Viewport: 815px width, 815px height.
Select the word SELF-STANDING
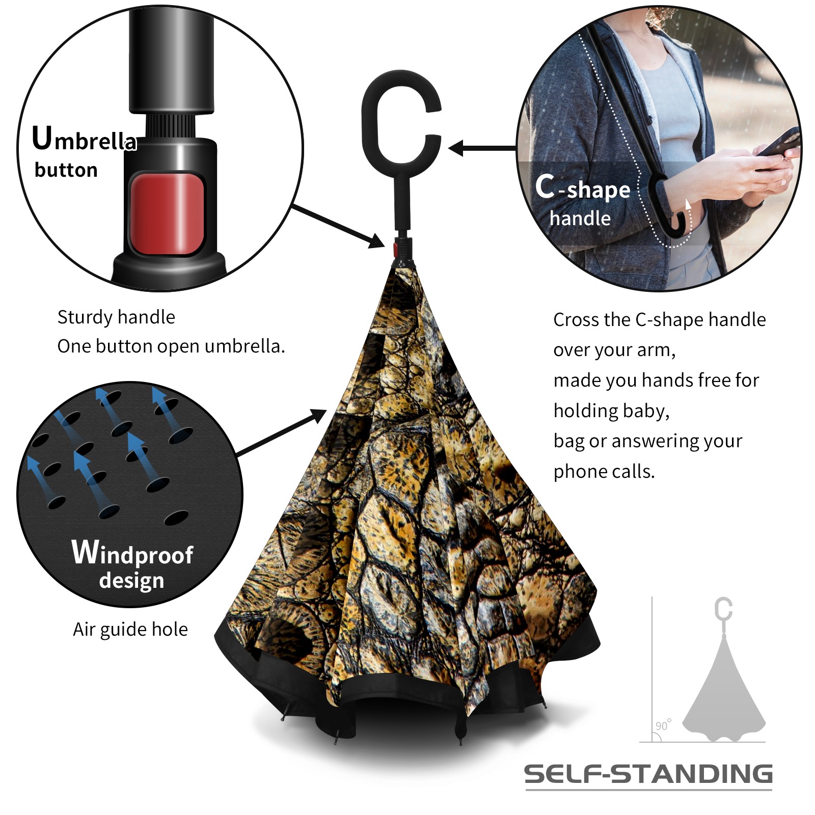pyautogui.click(x=648, y=774)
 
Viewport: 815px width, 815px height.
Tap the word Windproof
pyautogui.click(x=132, y=553)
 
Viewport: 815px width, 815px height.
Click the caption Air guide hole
pyautogui.click(x=130, y=630)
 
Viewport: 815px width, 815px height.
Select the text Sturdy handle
pyautogui.click(x=116, y=317)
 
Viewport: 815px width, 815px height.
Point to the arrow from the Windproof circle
pyautogui.click(x=281, y=432)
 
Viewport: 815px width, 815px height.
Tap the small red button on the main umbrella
pyautogui.click(x=395, y=249)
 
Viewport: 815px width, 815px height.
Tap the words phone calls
pyautogui.click(x=604, y=472)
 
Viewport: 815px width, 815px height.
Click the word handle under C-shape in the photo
pyautogui.click(x=580, y=218)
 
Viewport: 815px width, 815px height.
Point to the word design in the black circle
pyautogui.click(x=131, y=581)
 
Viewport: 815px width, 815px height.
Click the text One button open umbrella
pyautogui.click(x=171, y=346)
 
